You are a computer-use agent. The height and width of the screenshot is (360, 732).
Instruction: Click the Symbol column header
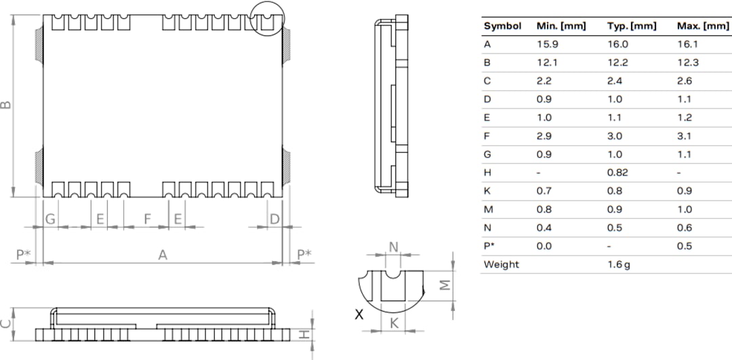point(502,26)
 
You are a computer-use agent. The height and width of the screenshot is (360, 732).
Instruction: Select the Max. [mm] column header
point(703,26)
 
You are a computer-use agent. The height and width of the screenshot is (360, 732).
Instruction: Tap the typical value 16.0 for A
point(617,44)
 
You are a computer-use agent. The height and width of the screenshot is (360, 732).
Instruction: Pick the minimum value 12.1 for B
point(544,62)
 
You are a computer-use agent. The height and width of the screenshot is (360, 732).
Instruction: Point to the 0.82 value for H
point(617,172)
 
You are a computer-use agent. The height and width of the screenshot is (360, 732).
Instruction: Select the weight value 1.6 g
point(619,264)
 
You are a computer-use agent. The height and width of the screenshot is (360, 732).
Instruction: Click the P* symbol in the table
point(489,246)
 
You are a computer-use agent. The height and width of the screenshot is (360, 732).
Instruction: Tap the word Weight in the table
point(501,264)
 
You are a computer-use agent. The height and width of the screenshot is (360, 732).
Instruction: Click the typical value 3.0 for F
point(617,136)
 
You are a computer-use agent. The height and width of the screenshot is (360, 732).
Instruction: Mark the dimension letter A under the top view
point(163,255)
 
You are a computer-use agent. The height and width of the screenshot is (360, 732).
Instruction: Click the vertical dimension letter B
point(5,105)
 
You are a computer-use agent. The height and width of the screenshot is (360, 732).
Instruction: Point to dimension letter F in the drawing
point(147,218)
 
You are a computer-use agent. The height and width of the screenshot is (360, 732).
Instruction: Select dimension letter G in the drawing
point(50,218)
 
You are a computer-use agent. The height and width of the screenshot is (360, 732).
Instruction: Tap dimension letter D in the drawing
point(274,218)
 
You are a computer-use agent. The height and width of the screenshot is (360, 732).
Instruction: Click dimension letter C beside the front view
point(5,323)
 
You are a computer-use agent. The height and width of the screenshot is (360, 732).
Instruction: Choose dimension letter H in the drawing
point(306,334)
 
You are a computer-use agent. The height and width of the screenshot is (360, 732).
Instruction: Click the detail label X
point(359,314)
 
